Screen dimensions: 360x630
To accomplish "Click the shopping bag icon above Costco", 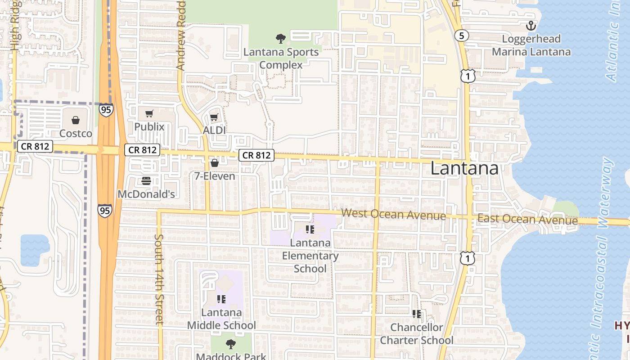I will (76, 120).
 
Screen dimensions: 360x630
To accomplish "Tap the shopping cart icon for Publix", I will (149, 113).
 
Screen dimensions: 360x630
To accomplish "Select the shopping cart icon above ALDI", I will (214, 117).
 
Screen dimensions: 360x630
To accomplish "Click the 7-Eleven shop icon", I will (215, 163).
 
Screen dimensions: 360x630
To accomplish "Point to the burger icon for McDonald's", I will (146, 181).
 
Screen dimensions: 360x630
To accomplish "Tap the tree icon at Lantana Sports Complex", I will (281, 39).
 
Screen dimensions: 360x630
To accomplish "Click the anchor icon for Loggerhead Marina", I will (531, 26).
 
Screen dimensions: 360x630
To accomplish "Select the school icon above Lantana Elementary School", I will (310, 229).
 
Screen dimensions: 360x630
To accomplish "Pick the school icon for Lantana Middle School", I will (221, 299).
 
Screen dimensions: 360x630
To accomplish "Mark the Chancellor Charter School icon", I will (417, 314).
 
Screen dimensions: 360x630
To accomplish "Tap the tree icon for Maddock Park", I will (230, 344).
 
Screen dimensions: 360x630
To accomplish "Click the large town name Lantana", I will (464, 169).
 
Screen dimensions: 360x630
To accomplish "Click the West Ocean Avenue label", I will (394, 215).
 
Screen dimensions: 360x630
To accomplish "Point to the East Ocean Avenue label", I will (527, 220).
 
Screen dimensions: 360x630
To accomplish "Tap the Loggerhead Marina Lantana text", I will (531, 45).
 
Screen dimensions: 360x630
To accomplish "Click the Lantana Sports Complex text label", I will (281, 58).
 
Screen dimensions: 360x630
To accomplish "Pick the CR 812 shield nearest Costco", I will (35, 146).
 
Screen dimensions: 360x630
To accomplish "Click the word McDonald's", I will (146, 194).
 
